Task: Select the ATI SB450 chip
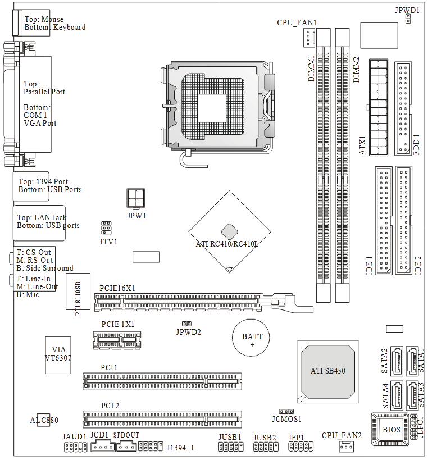point(329,371)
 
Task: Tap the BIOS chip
point(392,430)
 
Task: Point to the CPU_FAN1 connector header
point(308,38)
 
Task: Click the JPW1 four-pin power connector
point(136,198)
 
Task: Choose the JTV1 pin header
point(106,227)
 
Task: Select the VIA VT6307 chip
point(58,354)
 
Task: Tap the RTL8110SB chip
point(78,294)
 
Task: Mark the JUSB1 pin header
point(230,447)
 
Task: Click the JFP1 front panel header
point(300,447)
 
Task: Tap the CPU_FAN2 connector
point(347,447)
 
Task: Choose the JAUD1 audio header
point(74,447)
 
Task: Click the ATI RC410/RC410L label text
point(226,245)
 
